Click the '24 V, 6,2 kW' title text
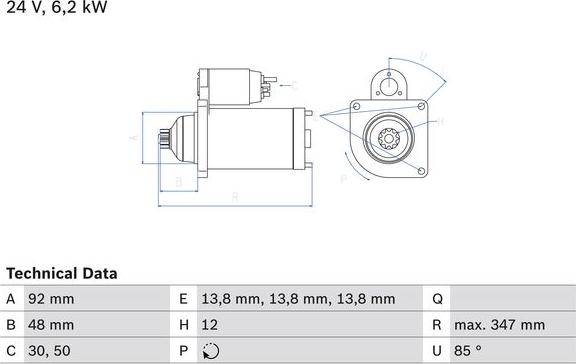tap(55, 8)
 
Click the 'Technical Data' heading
tap(62, 272)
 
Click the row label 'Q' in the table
tap(437, 299)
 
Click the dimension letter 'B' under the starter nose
tap(177, 182)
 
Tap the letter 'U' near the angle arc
tap(423, 56)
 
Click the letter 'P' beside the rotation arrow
tap(342, 179)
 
